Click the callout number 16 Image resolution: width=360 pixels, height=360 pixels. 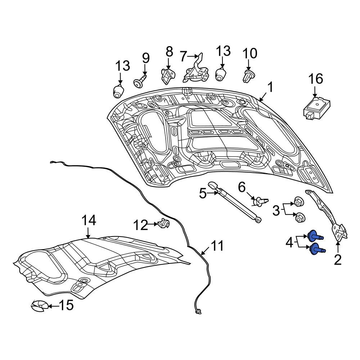pyautogui.click(x=315, y=78)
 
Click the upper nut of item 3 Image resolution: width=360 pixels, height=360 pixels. pyautogui.click(x=299, y=202)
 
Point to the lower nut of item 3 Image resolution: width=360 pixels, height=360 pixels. pyautogui.click(x=300, y=217)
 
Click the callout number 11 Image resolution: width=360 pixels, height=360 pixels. pyautogui.click(x=217, y=246)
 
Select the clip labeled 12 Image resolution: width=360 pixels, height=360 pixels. pyautogui.click(x=163, y=223)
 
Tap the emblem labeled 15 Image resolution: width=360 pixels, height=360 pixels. pyautogui.click(x=40, y=306)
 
